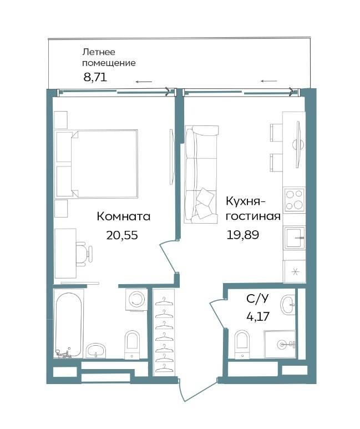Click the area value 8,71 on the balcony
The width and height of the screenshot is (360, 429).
point(95,78)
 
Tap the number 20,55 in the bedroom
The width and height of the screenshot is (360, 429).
point(122,235)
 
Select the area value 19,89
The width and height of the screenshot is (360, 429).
point(242,235)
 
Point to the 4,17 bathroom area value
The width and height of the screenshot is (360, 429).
point(258,316)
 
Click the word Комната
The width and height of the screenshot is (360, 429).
point(124,216)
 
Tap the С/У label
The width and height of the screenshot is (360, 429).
point(257,299)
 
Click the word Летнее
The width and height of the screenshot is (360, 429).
point(99,52)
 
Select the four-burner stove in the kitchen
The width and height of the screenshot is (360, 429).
point(295,199)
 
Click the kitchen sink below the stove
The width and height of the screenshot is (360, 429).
point(295,238)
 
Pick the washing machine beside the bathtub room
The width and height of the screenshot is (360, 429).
point(136,300)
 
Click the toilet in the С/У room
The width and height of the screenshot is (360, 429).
point(242,344)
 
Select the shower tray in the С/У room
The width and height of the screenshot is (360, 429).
point(280,345)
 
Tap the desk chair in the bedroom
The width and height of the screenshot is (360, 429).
point(84,254)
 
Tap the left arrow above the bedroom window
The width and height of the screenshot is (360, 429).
point(144,82)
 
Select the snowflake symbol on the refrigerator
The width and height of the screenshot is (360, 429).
point(295,272)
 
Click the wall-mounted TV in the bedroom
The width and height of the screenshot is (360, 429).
point(171,157)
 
